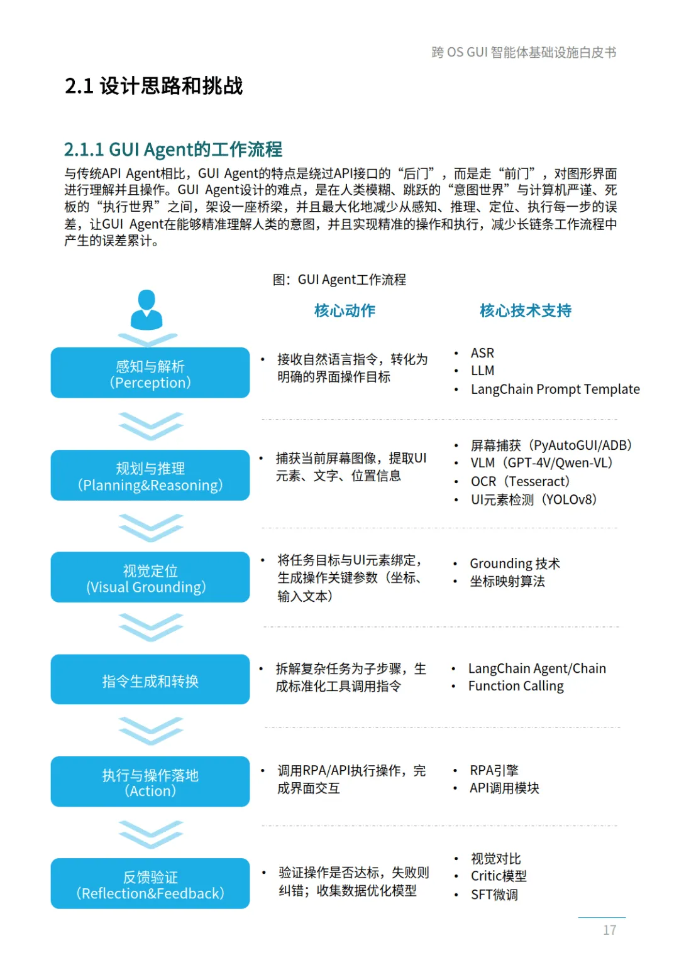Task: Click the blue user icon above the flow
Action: coord(146,310)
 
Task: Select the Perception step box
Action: coord(150,373)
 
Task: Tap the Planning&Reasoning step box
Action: coord(150,476)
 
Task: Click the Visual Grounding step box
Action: coord(150,578)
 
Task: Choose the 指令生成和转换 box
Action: coord(150,680)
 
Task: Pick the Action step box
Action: coord(150,782)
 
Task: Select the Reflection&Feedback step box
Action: coord(150,884)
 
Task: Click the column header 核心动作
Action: coord(345,310)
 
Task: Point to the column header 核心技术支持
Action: coord(526,310)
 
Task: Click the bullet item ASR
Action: coord(482,353)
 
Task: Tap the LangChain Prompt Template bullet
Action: coord(555,389)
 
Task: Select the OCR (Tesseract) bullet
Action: coord(520,481)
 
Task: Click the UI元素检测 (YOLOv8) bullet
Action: coord(534,499)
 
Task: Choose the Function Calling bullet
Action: coord(516,686)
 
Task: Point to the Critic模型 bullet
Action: coord(499,876)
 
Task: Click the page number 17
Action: coord(609,930)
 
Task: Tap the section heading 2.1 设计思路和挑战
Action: coord(154,86)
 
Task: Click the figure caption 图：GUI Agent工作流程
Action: coord(339,280)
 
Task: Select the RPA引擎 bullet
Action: coord(494,770)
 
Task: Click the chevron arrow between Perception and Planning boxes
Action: coord(151,425)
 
